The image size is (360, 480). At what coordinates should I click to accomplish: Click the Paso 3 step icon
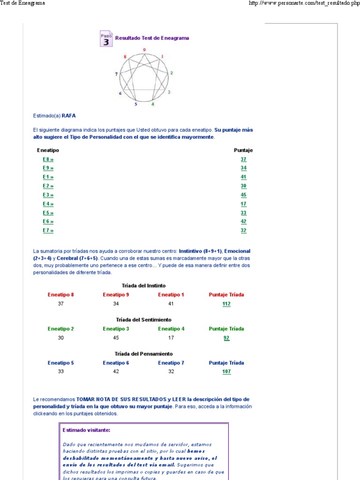pos(106,38)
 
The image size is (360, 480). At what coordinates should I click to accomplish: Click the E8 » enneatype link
pos(48,159)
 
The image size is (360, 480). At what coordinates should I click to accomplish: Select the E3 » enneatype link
pos(48,195)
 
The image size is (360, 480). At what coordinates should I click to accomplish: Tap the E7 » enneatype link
pos(48,231)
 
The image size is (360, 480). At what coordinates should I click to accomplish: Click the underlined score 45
pos(243,195)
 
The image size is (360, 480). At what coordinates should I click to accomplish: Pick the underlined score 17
pos(243,204)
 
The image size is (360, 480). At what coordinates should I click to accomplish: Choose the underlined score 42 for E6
pos(243,222)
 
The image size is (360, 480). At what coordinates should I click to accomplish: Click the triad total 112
pos(226,304)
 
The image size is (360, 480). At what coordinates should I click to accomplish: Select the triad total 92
pos(226,338)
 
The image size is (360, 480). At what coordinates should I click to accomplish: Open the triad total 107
pos(226,372)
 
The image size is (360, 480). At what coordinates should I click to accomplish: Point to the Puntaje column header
pos(243,150)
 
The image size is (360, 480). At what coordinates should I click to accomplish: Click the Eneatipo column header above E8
pos(48,150)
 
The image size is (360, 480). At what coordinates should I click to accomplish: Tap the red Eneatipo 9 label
pos(116,295)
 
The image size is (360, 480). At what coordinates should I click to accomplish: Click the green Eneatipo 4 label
pos(171,329)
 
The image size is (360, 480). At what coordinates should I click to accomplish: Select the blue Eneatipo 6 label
pos(116,363)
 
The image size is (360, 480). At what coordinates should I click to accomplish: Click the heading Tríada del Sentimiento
pos(143,320)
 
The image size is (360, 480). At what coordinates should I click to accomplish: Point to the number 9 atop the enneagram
pos(144,50)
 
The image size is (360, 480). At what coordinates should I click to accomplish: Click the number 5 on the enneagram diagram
pos(136,104)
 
